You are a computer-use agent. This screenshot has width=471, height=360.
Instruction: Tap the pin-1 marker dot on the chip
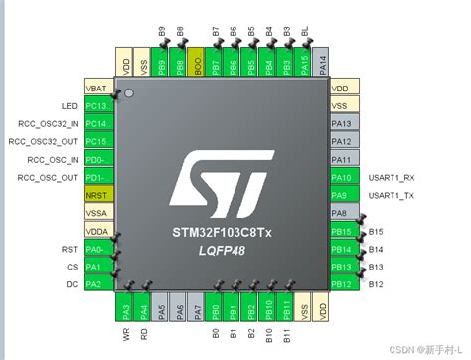[129, 96]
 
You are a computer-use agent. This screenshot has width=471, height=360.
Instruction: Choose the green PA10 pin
[343, 177]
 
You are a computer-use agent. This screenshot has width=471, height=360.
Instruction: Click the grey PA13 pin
[343, 123]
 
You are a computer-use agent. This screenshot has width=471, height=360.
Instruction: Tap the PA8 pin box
[343, 213]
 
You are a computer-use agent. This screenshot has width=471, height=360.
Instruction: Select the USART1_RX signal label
[392, 177]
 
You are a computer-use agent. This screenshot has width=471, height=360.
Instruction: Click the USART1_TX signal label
[392, 195]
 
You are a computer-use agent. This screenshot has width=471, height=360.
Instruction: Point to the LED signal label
[69, 105]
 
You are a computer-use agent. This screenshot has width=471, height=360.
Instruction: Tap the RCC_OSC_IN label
[53, 159]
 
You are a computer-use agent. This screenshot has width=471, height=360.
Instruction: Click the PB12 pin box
[343, 284]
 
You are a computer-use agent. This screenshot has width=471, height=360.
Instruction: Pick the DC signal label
[72, 285]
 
